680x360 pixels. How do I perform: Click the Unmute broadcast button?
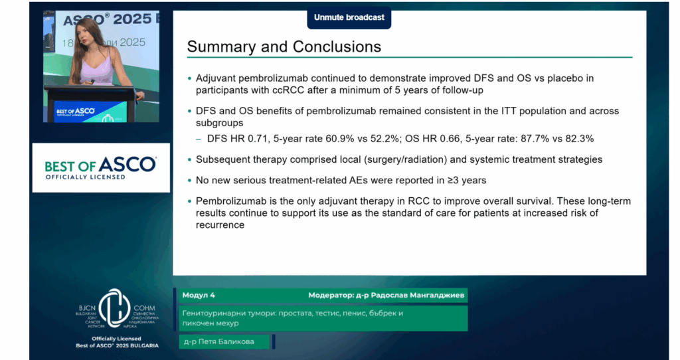point(349,18)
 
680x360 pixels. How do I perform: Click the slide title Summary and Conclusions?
point(284,46)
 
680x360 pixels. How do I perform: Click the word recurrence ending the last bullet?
point(220,225)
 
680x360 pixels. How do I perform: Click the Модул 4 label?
point(199,296)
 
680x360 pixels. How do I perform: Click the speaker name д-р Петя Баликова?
point(219,342)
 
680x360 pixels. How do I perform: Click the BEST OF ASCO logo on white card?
point(101,167)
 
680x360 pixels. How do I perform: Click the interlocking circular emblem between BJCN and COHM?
point(114,308)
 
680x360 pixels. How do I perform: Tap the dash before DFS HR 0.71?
point(199,139)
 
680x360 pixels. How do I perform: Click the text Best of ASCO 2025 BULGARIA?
point(117,345)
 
